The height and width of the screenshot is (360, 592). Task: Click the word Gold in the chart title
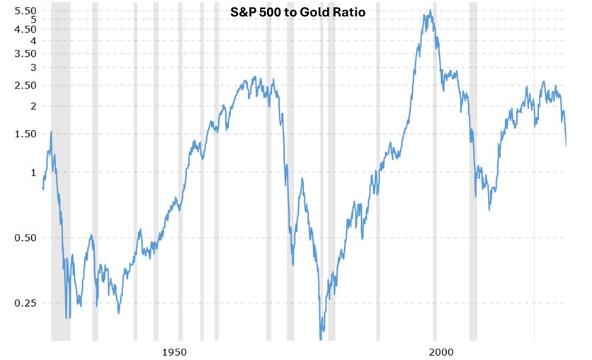tap(313, 12)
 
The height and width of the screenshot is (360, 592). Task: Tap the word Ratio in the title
tap(347, 12)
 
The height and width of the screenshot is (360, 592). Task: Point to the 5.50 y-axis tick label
tap(25, 11)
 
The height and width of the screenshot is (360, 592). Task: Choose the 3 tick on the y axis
tap(33, 67)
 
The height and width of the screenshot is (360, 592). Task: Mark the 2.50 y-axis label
tap(25, 85)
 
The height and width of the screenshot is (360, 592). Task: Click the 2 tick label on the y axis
tap(33, 106)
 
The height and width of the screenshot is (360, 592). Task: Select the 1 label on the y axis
tap(33, 172)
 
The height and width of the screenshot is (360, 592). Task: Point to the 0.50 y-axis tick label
tap(25, 238)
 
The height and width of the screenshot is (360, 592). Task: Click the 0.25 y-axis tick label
tap(25, 303)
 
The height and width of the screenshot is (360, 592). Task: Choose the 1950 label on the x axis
tap(174, 351)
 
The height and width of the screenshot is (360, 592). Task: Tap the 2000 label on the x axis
tap(442, 351)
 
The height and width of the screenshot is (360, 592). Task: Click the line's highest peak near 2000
tap(430, 11)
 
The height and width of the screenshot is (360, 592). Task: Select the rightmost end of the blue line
tap(567, 145)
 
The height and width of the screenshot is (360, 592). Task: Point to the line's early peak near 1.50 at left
tap(51, 132)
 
